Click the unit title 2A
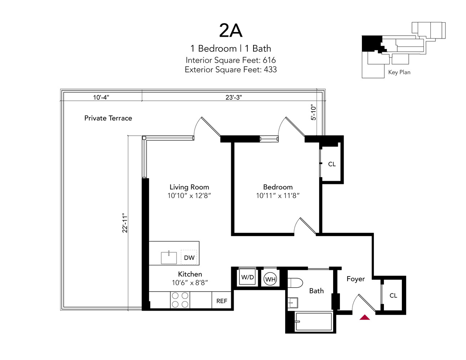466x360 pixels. coord(230,31)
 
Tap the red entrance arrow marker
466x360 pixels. coord(365,317)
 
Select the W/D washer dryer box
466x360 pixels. coord(247,277)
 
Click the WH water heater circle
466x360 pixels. coord(270,279)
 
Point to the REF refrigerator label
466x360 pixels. coord(221,301)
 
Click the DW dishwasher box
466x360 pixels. coord(189,257)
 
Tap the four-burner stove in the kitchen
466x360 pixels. coord(180,300)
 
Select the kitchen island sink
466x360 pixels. coord(169,258)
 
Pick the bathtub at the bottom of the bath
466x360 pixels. coord(313,321)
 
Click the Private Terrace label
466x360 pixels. coord(108,118)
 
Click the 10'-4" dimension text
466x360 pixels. coord(101,97)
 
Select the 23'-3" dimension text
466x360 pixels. coord(234,97)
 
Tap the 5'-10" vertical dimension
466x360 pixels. coord(313,112)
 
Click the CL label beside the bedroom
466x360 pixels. coord(332,164)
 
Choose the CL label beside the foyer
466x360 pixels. coord(393,296)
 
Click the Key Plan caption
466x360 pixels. coord(399,72)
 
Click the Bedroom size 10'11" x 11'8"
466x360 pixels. coord(278,196)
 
